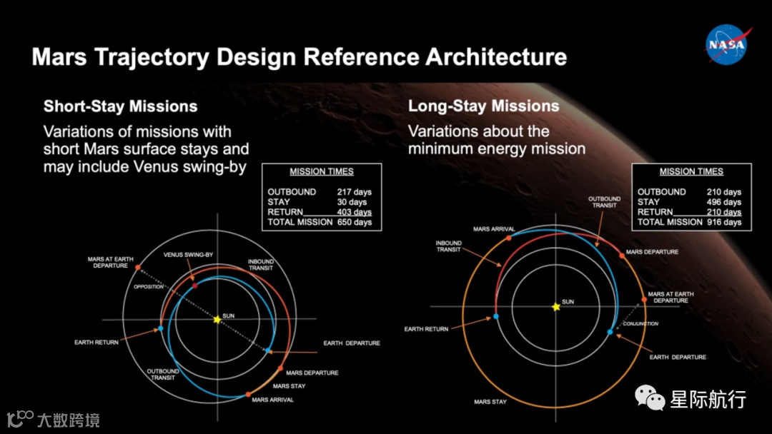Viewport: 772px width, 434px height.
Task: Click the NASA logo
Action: tap(728, 44)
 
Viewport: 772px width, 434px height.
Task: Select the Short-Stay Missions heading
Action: tap(120, 106)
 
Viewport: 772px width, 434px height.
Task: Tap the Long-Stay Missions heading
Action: tap(483, 106)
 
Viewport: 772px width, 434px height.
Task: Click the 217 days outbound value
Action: tap(354, 192)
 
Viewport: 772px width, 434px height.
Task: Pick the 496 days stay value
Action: tap(723, 202)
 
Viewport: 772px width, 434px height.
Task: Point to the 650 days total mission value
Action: tap(354, 222)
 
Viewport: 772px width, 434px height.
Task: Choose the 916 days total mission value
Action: tap(723, 222)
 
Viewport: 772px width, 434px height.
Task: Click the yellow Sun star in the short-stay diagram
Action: tap(217, 320)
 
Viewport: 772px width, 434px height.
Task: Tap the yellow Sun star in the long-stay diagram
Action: tap(556, 307)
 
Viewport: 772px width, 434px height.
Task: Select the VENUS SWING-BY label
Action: tap(188, 255)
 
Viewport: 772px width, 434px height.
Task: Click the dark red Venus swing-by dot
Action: tap(195, 286)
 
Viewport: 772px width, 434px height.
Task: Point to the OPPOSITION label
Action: tap(148, 286)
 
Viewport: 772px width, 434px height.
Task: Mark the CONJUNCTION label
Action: tap(640, 323)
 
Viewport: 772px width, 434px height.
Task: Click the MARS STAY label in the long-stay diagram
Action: tap(490, 402)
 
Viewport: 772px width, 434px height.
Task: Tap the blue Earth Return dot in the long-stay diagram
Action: tap(496, 316)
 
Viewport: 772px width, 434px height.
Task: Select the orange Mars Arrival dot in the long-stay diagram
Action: tap(509, 238)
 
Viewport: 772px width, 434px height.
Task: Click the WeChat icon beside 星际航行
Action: tap(649, 397)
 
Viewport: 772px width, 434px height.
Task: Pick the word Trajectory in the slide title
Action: tap(152, 57)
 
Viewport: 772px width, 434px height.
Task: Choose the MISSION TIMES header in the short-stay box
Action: tap(322, 171)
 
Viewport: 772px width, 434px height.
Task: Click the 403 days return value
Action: tap(354, 212)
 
